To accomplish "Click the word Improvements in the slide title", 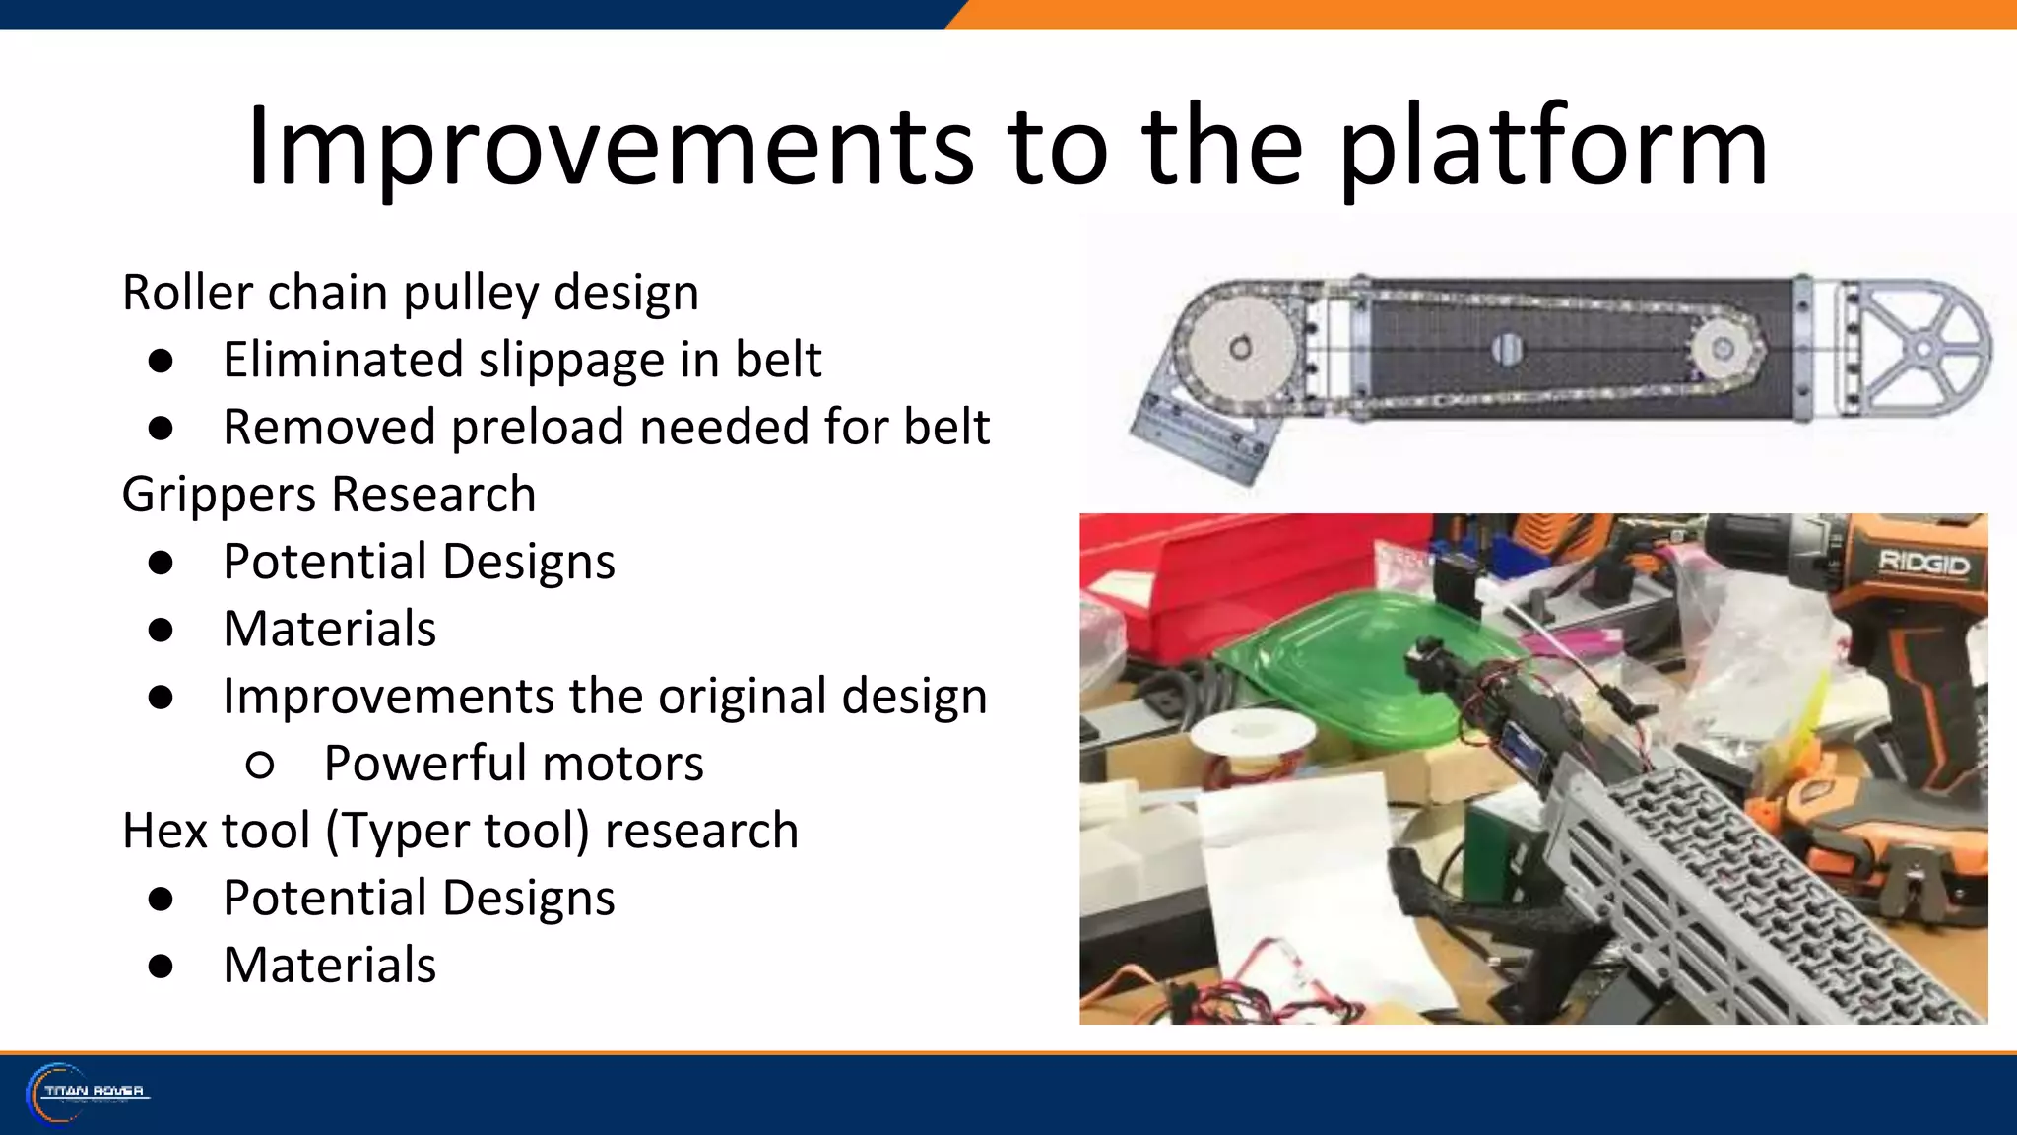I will click(611, 148).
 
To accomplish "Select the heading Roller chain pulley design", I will click(411, 293).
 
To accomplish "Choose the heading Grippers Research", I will click(329, 494).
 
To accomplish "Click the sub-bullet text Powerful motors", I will click(513, 764).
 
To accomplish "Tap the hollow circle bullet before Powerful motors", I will click(260, 765).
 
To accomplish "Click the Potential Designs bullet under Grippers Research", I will click(419, 562).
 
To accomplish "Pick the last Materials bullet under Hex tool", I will click(329, 965).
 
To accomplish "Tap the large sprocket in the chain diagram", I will click(1240, 347).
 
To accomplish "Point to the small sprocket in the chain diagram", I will click(1723, 348).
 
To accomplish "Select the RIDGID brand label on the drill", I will click(1923, 564).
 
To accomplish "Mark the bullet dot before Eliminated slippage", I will click(162, 361).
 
